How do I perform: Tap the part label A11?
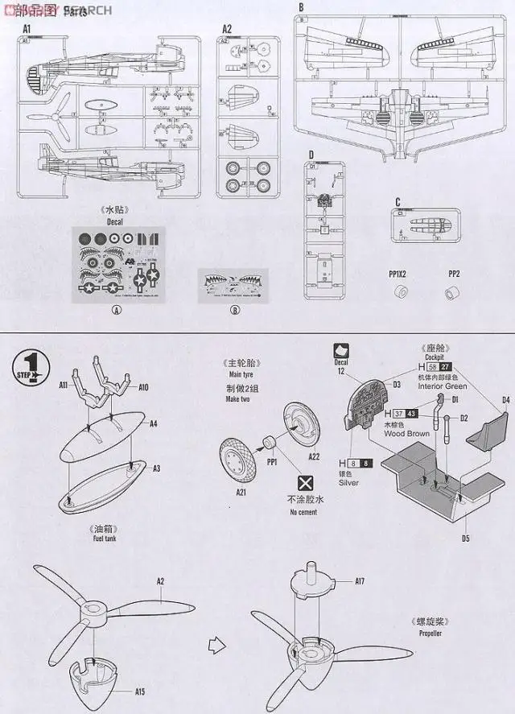[64, 386]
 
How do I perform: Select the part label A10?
[143, 387]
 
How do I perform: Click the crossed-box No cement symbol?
[305, 483]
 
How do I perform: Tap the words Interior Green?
[442, 386]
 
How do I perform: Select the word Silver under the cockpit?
[348, 482]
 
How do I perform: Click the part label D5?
[466, 537]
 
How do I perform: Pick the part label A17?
[360, 580]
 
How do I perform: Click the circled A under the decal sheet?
[117, 311]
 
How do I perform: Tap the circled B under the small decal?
[234, 311]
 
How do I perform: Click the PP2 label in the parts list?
[454, 274]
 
